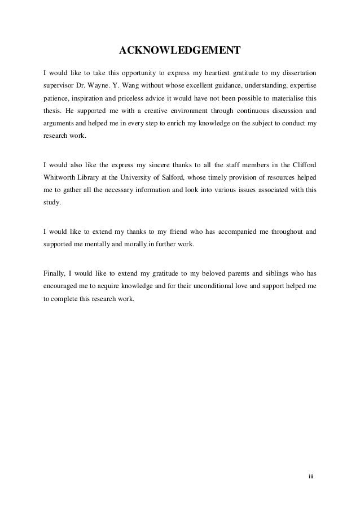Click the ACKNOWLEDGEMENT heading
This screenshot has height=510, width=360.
[x=179, y=53]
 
